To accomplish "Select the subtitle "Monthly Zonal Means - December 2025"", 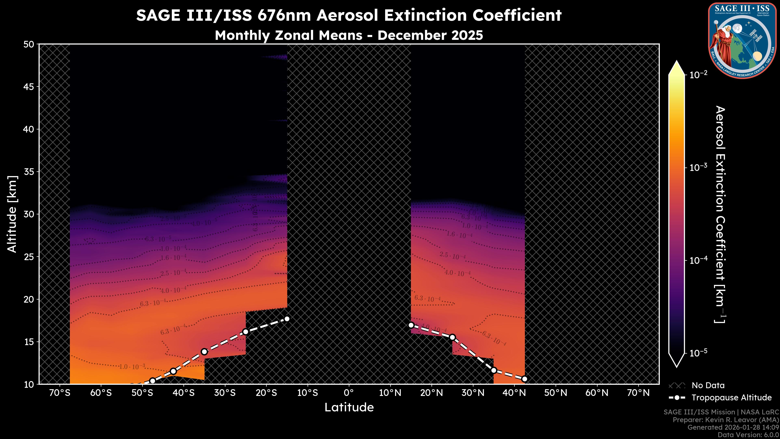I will (349, 35).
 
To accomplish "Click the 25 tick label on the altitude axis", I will (29, 257).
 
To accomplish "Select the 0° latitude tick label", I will (349, 393).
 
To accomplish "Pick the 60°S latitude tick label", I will (101, 393).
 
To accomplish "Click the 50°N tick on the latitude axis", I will (556, 393).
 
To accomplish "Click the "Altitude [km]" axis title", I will (12, 214).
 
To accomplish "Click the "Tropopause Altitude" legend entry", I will (731, 398).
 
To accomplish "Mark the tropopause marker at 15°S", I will (287, 319).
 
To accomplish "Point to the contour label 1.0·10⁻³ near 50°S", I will (132, 367).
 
